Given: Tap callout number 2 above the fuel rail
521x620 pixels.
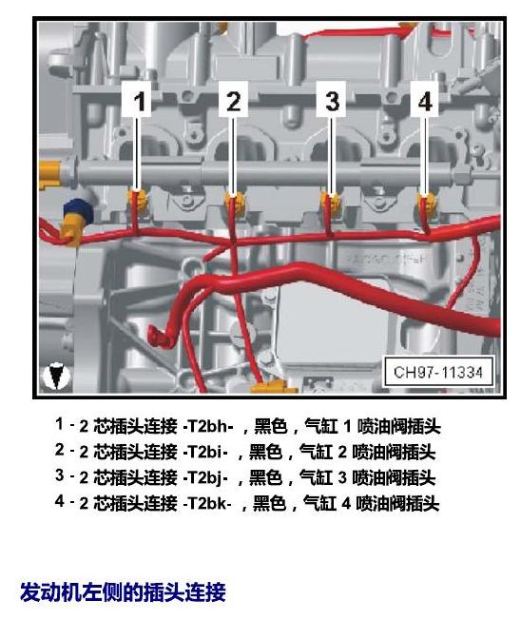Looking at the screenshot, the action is [x=233, y=101].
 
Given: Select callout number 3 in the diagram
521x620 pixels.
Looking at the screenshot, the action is [x=332, y=101].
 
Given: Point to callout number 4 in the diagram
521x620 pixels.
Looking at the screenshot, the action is [x=425, y=101].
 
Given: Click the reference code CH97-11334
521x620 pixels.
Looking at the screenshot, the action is [x=438, y=372].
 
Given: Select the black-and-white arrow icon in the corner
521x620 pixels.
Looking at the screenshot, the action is [x=56, y=376].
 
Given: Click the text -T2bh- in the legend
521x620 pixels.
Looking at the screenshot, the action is [x=208, y=426].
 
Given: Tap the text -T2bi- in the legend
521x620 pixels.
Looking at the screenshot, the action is [x=205, y=452].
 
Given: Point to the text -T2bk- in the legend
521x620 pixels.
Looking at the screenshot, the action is [x=207, y=503].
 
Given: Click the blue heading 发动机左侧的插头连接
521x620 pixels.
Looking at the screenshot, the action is [x=123, y=591].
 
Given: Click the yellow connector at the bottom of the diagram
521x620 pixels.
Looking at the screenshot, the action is [x=274, y=387].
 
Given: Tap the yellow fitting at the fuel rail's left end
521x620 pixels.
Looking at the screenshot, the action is [x=51, y=174].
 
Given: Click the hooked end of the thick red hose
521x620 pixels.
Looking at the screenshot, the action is [x=159, y=337].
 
